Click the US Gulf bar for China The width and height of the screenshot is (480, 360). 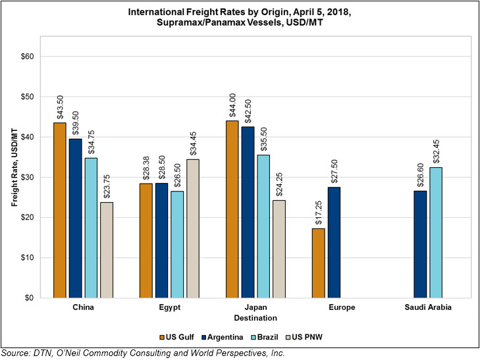[60, 210]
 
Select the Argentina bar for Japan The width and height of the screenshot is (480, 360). [248, 213]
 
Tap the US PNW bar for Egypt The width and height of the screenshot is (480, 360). [193, 228]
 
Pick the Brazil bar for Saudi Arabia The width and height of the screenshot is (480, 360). [436, 232]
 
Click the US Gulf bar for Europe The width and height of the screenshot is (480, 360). [319, 263]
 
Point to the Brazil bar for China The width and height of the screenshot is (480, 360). [91, 228]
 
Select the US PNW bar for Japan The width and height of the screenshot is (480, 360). [279, 249]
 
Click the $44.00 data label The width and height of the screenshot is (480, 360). [232, 105]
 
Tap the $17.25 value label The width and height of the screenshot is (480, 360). [319, 213]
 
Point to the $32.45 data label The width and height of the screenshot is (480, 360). [437, 152]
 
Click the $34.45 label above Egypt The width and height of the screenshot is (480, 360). [193, 143]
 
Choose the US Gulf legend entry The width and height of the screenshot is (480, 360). [176, 337]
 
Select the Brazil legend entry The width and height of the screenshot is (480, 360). [264, 337]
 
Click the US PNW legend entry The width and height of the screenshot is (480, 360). [304, 337]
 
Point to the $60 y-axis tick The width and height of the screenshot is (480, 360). [27, 57]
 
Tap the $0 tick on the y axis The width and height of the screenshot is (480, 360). [30, 298]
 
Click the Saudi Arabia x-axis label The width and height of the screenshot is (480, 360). [428, 307]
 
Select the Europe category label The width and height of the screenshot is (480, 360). [342, 307]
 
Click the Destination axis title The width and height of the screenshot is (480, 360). [255, 318]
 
